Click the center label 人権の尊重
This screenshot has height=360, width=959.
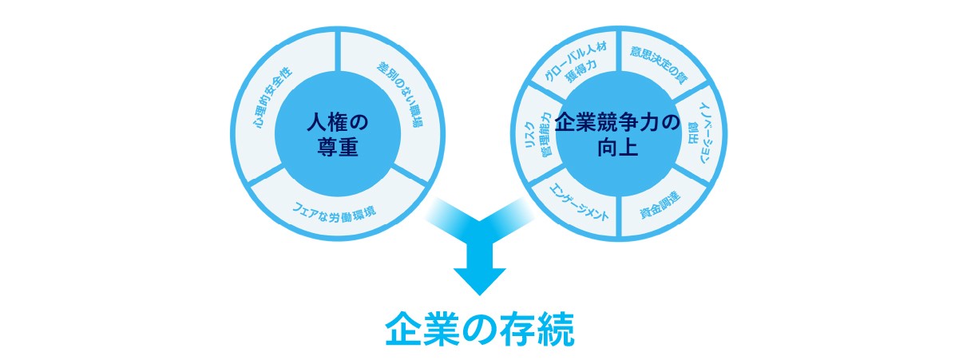[x=337, y=134]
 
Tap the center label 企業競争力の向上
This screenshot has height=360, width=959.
[x=617, y=134]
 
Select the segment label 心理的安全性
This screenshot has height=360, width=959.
[x=272, y=97]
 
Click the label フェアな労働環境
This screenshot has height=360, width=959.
[x=334, y=212]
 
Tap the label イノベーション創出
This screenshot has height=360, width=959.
[x=701, y=133]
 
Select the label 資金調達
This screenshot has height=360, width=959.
[x=660, y=204]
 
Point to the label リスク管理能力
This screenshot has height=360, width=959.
[x=538, y=134]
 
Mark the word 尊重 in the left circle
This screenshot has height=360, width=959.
[x=337, y=148]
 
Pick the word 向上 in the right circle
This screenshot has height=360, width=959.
[x=617, y=148]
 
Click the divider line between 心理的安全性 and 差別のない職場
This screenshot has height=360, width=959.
[x=339, y=51]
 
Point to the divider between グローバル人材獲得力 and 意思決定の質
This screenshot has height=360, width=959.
[x=618, y=51]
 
